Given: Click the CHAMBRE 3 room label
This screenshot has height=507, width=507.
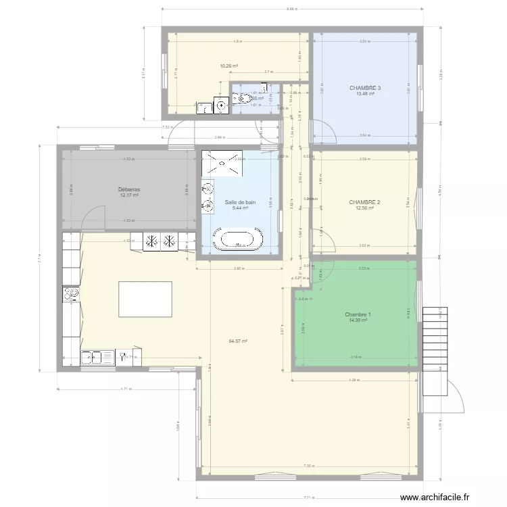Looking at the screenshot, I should coord(365,88).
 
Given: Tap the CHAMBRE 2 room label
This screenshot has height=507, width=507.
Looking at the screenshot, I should coord(365,202).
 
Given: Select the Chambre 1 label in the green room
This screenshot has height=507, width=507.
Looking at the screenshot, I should coord(358,314).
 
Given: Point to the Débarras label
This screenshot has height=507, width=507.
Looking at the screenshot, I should coord(128,190).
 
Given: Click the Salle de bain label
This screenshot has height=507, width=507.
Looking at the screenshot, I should coord(241,202).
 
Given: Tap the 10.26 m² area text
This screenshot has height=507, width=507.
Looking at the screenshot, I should coord(229,66).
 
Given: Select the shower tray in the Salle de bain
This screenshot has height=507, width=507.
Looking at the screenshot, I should coord(220,161).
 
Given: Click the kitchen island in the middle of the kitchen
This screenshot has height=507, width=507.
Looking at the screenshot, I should coord(145,298).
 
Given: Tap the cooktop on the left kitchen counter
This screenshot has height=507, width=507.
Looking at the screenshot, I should coord(71,293).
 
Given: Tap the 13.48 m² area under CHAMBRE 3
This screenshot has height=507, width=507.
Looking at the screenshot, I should coord(365,94).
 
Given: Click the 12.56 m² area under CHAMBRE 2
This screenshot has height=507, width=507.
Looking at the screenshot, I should coord(365,208).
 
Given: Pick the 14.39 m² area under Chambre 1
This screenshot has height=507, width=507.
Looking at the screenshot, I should coord(358,320).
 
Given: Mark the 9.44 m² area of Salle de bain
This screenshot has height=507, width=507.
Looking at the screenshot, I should coord(241,208).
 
